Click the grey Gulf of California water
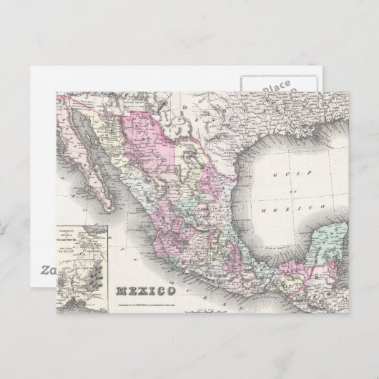pyautogui.click(x=101, y=169)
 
